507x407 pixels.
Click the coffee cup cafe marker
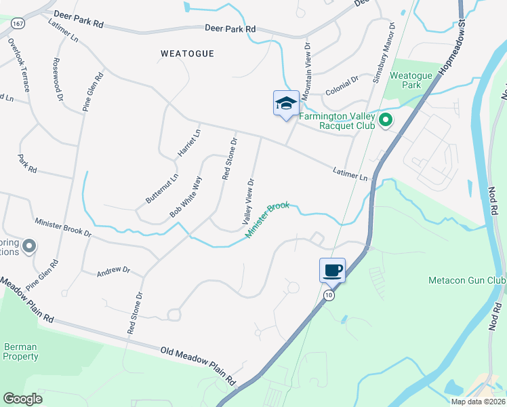(x=332, y=271)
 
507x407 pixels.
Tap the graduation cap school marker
(x=286, y=104)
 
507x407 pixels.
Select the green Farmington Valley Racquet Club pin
(x=386, y=121)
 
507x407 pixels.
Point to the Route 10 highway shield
(x=329, y=295)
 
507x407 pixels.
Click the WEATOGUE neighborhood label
(x=188, y=54)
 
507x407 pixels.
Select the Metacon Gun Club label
(x=467, y=280)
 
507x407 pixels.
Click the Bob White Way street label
(x=186, y=197)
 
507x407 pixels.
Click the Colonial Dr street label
(x=341, y=84)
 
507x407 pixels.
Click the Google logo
(x=22, y=399)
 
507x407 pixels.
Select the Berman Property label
(x=20, y=351)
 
